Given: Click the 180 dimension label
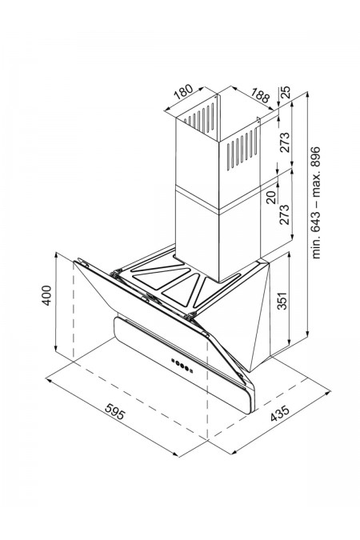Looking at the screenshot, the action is click(x=183, y=92).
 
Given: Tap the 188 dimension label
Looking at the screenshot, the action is click(x=260, y=95).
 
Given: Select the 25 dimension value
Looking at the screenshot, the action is click(x=286, y=92).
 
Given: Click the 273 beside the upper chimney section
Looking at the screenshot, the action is click(x=285, y=142).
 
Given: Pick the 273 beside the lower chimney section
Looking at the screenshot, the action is click(x=285, y=214).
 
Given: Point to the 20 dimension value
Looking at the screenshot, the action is click(x=272, y=198).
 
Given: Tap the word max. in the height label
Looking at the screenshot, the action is click(x=315, y=186).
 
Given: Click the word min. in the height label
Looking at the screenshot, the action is click(x=315, y=246).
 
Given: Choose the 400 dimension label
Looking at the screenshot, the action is click(x=46, y=295).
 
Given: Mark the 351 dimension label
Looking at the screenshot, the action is click(x=282, y=301).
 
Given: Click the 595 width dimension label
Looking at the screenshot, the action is click(x=114, y=411).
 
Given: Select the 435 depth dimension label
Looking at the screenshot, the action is click(x=280, y=414).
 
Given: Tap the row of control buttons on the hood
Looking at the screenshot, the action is click(x=182, y=365).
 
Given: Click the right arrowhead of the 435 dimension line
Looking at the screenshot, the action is click(x=328, y=392).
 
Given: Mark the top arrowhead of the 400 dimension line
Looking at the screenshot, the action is click(x=55, y=255).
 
